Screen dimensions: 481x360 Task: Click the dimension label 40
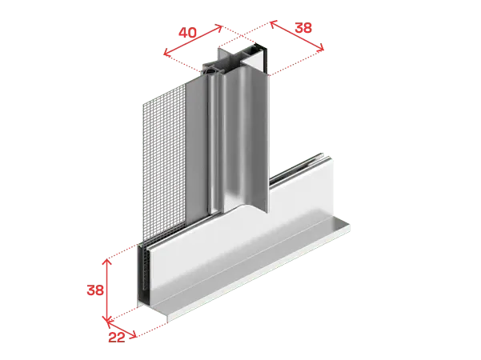(x=187, y=33)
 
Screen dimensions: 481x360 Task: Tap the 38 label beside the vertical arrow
(x=95, y=290)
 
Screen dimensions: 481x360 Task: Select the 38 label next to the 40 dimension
(x=303, y=27)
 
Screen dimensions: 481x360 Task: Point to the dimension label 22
(x=117, y=338)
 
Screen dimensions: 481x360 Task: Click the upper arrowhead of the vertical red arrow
(x=106, y=262)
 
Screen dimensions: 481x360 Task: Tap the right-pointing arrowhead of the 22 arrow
(x=133, y=334)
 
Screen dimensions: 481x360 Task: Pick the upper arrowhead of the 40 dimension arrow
(x=218, y=28)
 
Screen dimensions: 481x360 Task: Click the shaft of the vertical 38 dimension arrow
(x=106, y=290)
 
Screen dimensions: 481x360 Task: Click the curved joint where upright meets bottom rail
(x=243, y=207)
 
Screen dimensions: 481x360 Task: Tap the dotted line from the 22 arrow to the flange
(x=152, y=330)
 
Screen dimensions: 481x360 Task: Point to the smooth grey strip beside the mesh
(x=196, y=150)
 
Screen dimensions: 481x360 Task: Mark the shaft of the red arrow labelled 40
(x=193, y=41)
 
